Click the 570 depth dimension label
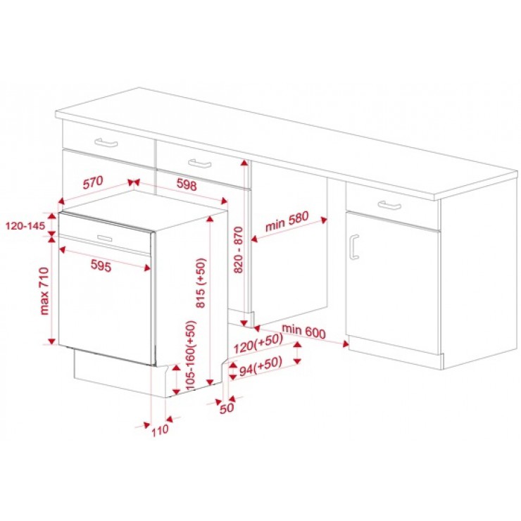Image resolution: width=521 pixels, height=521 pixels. pos(93,182)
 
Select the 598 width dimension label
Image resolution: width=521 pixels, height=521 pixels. pos(187,184)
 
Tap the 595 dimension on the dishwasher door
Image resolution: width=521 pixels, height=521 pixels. pos(101,265)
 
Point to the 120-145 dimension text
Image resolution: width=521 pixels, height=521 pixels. pos(25,226)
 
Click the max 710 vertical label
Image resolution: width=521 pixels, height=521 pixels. pos(44,291)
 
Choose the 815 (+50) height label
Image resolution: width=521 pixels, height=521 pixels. pos(201,283)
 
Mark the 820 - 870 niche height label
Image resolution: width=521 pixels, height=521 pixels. pos(239,250)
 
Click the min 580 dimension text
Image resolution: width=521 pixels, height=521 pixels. pos(287,221)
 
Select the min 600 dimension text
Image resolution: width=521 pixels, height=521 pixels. pos(303,332)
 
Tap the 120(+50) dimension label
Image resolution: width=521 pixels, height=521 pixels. pos(258,344)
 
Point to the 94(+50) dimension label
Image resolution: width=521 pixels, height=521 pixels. pos(260,365)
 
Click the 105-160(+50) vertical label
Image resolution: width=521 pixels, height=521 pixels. pos(191,356)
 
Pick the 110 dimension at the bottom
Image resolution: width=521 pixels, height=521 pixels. pos(160,431)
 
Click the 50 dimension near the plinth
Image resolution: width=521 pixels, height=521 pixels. pos(227,408)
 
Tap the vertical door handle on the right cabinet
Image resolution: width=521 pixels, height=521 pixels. pos(354,246)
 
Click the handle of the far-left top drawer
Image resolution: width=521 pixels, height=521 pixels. pos(106,142)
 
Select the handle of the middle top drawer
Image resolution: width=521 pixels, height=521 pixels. pos(200,163)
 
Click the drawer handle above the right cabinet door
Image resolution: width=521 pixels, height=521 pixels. pos(389,205)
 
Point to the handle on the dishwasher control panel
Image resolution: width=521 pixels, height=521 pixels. pos(105,238)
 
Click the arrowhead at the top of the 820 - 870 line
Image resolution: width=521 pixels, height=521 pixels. pos(244,163)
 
